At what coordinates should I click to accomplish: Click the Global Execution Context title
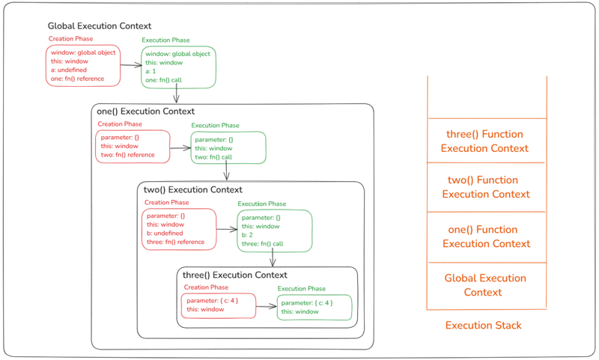pyautogui.click(x=99, y=26)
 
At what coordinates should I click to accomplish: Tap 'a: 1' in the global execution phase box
pyautogui.click(x=152, y=71)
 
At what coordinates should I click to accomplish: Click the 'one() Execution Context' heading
pyautogui.click(x=145, y=112)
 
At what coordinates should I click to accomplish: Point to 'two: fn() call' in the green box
pyautogui.click(x=213, y=157)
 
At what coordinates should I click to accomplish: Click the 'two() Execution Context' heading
pyautogui.click(x=193, y=190)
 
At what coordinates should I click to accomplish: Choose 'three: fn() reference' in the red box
pyautogui.click(x=175, y=242)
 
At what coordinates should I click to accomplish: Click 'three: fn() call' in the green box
pyautogui.click(x=262, y=244)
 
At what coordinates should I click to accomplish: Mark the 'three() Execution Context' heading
pyautogui.click(x=234, y=275)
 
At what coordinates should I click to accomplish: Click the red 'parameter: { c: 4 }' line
pyautogui.click(x=213, y=301)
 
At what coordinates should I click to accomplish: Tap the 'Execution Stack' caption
pyautogui.click(x=483, y=326)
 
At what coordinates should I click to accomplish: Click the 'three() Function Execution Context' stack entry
pyautogui.click(x=484, y=141)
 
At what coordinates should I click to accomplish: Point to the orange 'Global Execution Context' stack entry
pyautogui.click(x=485, y=285)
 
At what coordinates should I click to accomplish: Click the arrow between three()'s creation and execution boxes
pyautogui.click(x=266, y=305)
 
